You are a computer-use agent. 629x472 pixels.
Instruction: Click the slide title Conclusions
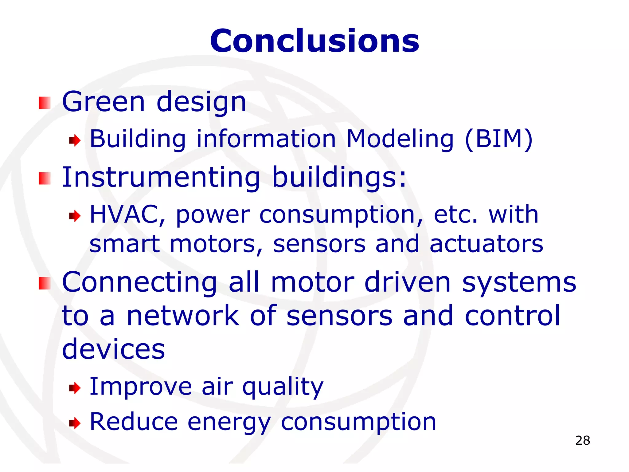(314, 41)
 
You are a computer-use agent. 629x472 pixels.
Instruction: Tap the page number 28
(583, 441)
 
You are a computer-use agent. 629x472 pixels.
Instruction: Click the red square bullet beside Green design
(45, 103)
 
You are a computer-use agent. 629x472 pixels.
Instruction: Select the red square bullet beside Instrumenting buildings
(45, 179)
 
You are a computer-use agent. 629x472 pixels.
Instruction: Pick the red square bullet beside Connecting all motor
(45, 283)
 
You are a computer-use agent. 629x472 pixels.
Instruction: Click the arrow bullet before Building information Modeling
(75, 141)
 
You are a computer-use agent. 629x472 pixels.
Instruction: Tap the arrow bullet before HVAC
(75, 216)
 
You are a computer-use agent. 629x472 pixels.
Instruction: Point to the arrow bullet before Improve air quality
(75, 388)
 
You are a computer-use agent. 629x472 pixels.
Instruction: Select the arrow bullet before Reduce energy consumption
(75, 423)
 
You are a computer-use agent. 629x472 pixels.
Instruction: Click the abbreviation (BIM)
(499, 139)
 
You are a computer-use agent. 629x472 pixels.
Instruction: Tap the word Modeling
(400, 139)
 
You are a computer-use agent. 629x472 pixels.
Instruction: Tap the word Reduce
(134, 422)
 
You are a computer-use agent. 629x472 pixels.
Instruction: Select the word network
(183, 316)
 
